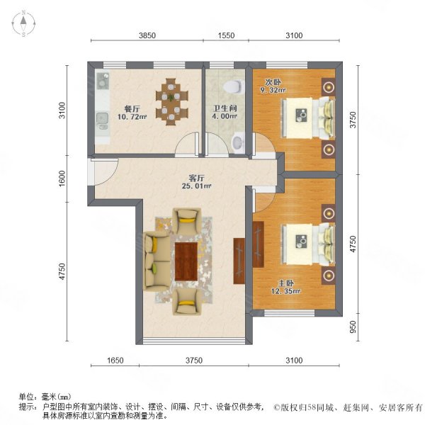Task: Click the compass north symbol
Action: (23, 23)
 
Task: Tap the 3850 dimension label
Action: (147, 35)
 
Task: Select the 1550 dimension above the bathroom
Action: (225, 35)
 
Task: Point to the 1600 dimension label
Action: (62, 176)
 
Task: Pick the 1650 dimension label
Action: (115, 361)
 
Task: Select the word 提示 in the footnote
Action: (27, 407)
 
